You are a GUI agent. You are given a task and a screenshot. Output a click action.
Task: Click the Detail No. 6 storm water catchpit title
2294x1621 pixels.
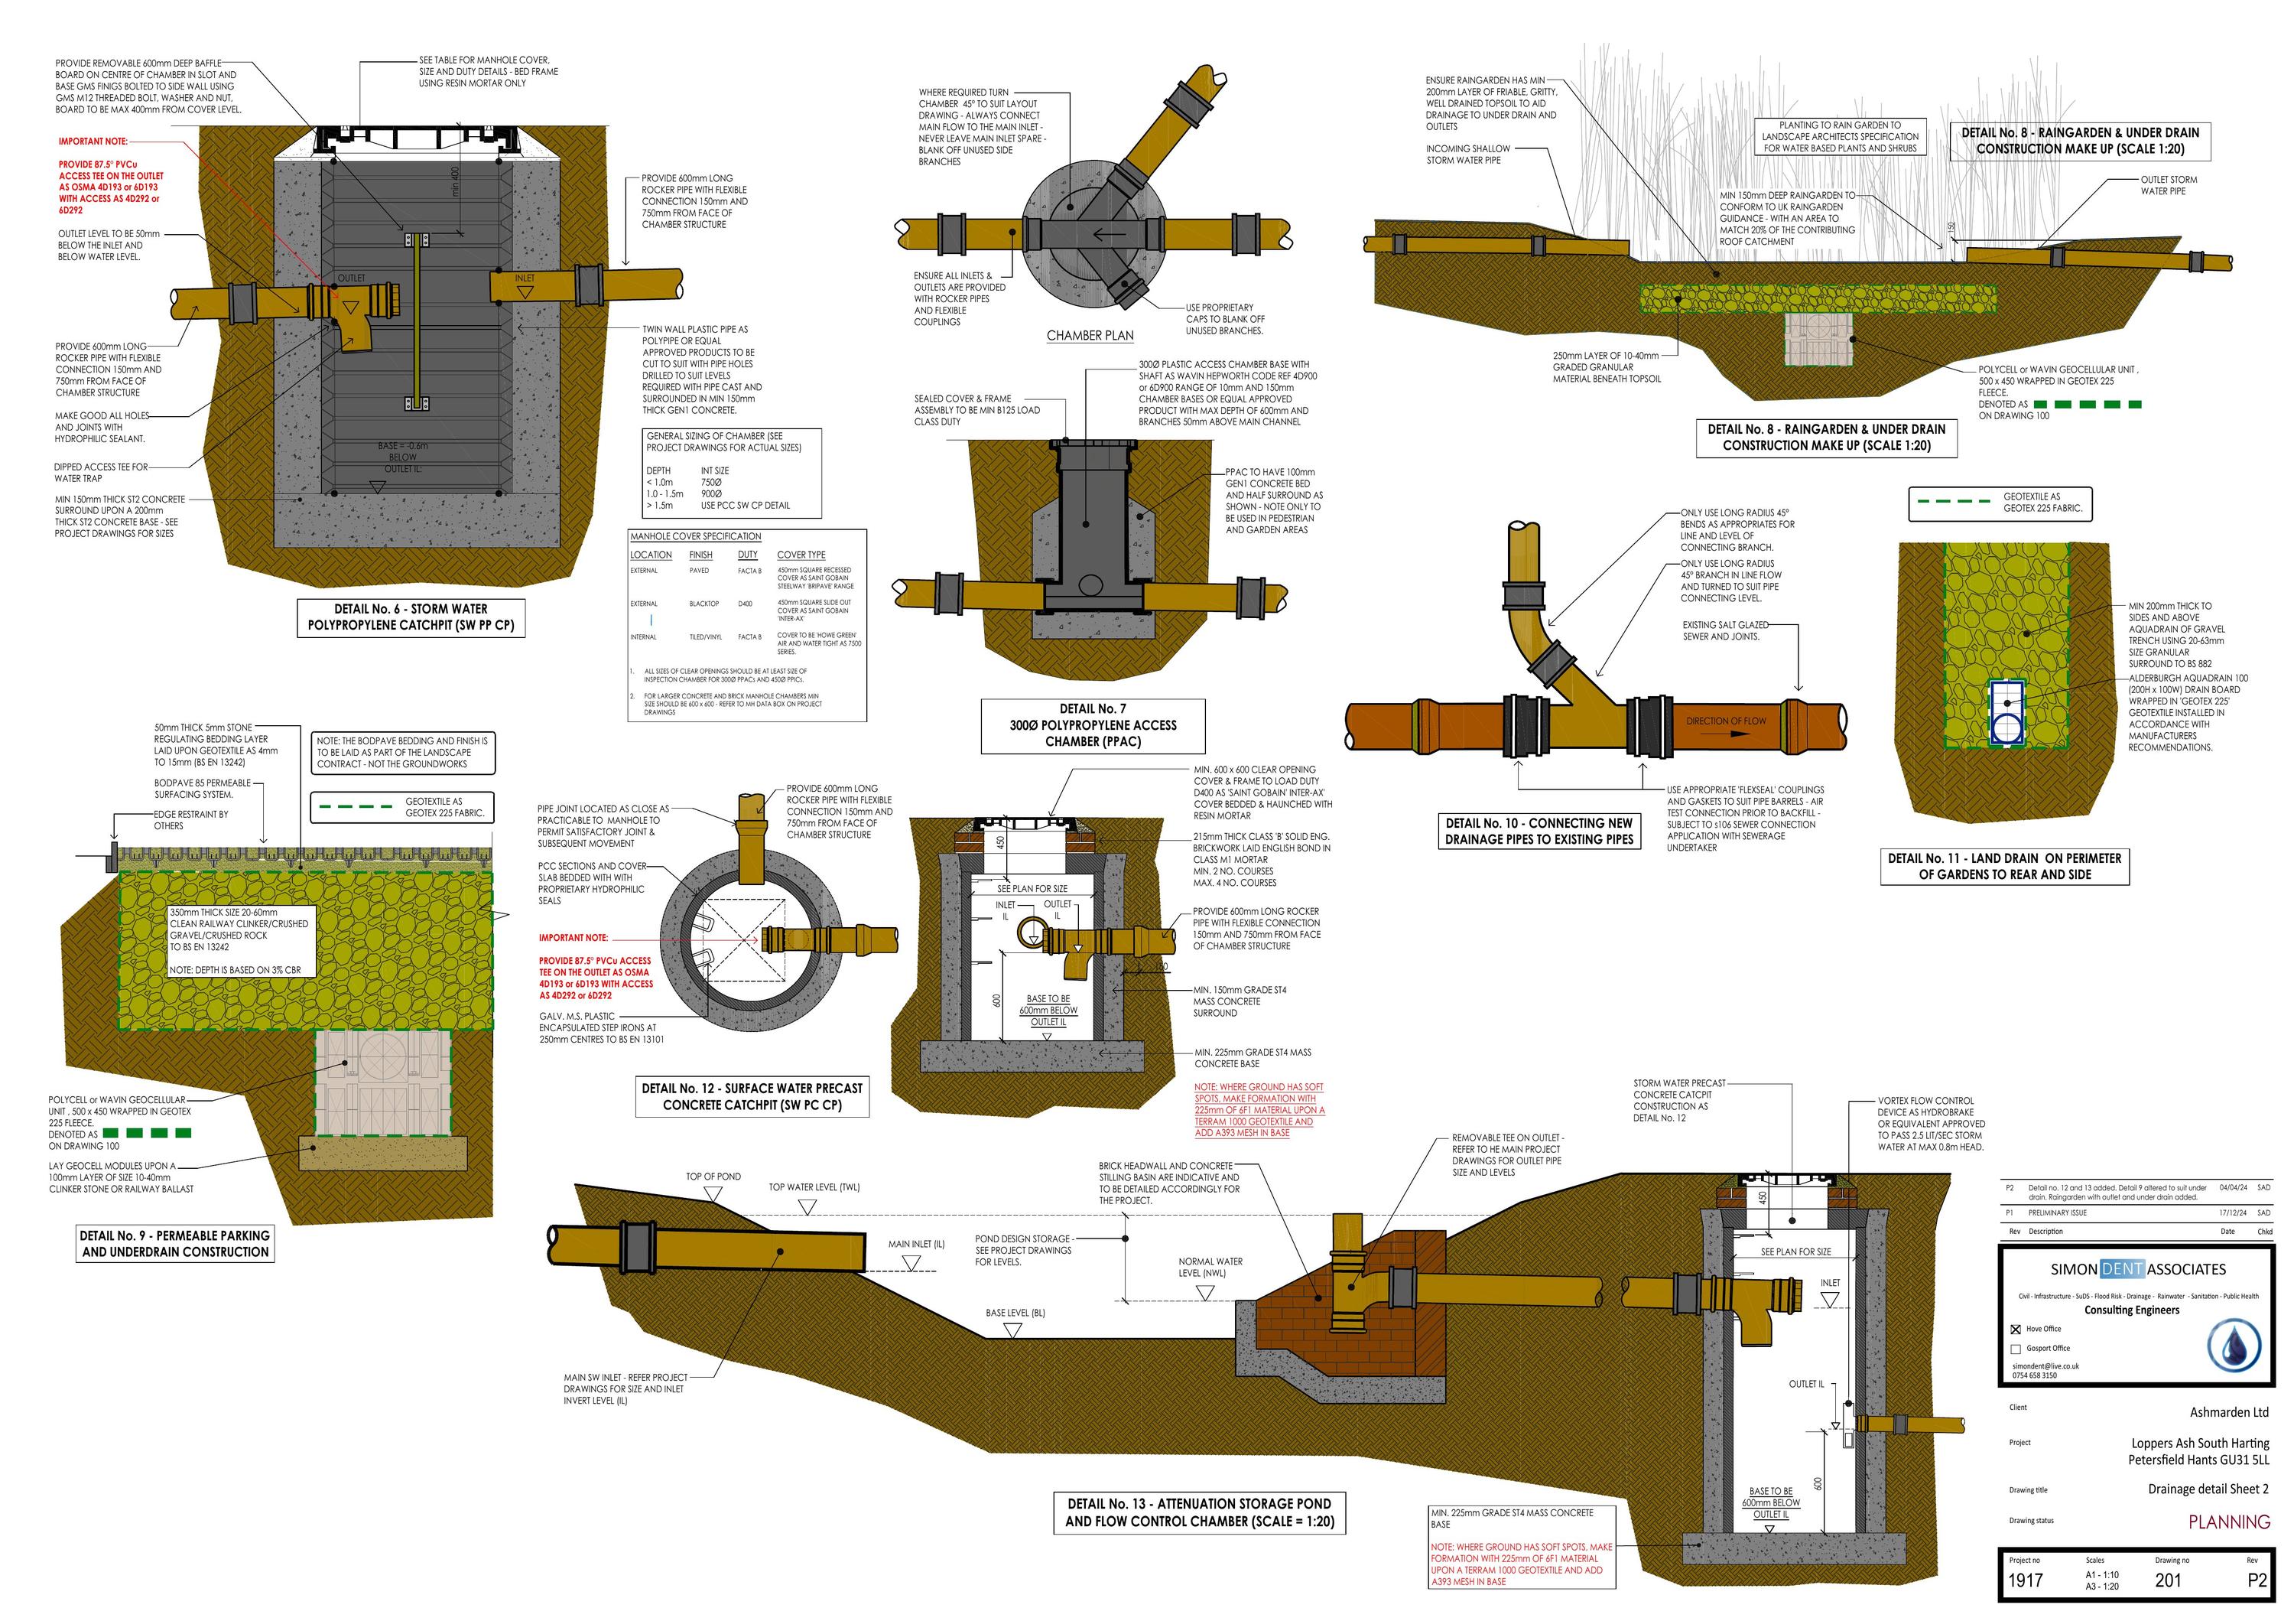coord(411,617)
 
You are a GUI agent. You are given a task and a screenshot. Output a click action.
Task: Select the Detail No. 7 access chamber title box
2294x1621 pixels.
coord(1093,724)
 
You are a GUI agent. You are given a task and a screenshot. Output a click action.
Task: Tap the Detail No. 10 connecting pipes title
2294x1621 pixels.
coord(1539,831)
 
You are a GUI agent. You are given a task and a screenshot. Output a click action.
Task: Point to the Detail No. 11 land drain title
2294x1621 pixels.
coord(2003,865)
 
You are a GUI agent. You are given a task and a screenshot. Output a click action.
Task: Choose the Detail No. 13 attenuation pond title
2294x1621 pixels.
coord(1199,1512)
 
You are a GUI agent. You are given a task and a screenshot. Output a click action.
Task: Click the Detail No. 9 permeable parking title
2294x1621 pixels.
coord(175,1243)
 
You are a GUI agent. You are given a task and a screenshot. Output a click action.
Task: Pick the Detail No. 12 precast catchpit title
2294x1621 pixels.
coord(752,1096)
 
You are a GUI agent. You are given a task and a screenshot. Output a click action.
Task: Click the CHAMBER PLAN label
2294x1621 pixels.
coord(1090,336)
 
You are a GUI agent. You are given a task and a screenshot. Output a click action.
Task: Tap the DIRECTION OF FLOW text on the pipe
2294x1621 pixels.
coord(1726,721)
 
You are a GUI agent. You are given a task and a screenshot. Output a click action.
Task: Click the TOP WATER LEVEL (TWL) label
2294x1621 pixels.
coord(814,1187)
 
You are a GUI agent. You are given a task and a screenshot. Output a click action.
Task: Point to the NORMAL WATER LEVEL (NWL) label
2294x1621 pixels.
coord(1210,1268)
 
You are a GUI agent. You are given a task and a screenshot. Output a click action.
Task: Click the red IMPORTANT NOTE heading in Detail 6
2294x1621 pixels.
coord(92,142)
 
